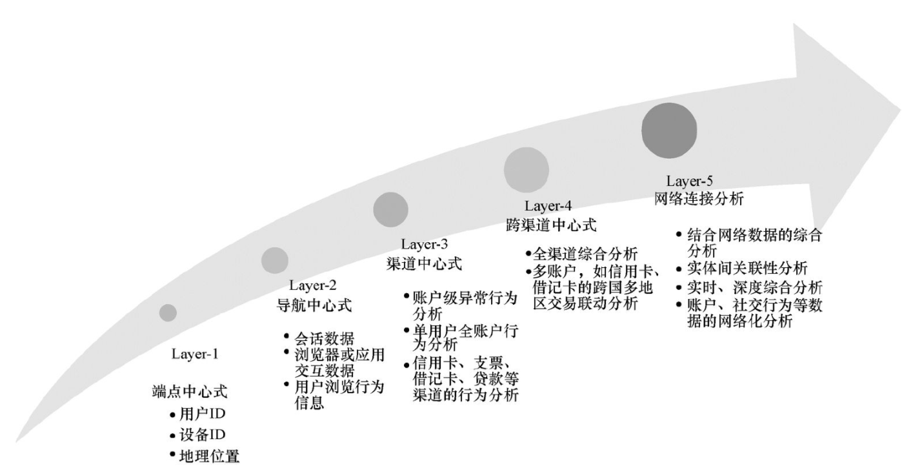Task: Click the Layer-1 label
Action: (x=195, y=354)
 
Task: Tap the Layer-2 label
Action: (x=313, y=285)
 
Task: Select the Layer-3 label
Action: (x=425, y=245)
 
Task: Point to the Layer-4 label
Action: (x=548, y=207)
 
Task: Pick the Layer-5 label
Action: (x=689, y=181)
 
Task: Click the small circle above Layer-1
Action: (x=168, y=312)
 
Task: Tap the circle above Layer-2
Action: (x=275, y=260)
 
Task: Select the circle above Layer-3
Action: (x=391, y=210)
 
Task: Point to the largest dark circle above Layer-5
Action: (x=669, y=130)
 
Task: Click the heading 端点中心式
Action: (x=189, y=392)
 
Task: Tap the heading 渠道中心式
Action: (x=424, y=264)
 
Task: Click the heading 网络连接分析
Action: (x=698, y=199)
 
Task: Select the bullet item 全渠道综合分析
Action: (x=585, y=254)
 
